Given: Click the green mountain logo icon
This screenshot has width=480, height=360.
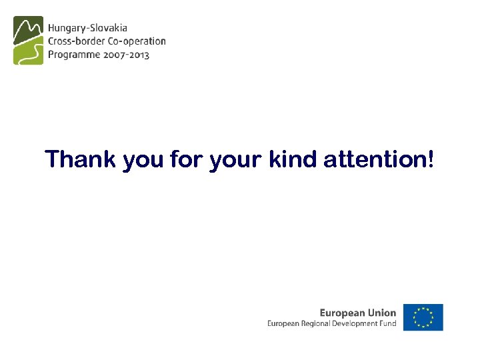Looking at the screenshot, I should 28,40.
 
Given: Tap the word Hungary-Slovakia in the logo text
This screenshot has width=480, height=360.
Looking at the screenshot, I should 87,29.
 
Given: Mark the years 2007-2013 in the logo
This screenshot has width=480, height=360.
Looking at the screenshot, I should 127,55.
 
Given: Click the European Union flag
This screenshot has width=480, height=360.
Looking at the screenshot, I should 423,317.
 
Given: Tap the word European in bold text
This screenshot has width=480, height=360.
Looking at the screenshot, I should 341,313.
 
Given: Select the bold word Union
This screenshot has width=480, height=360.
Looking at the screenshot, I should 381,312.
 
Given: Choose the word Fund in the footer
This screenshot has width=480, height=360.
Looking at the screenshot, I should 389,324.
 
